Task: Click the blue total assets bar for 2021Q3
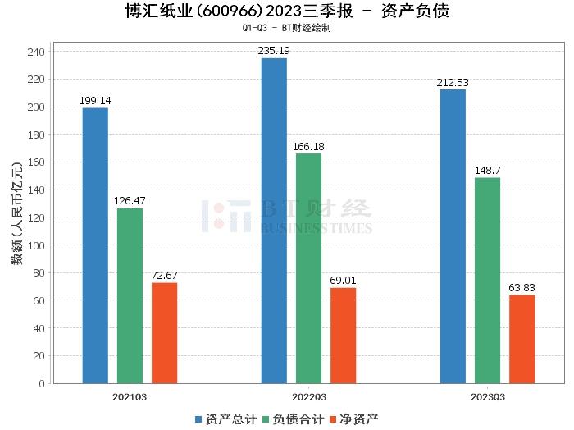tap(95, 245)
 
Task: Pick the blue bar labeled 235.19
tap(274, 221)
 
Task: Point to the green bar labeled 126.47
tap(130, 295)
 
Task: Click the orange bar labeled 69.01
tap(343, 336)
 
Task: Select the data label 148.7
tap(487, 171)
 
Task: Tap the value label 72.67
tap(164, 276)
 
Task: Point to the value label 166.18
tap(308, 147)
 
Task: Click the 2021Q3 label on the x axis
tap(130, 396)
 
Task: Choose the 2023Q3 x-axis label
tap(487, 396)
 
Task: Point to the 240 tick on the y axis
tap(38, 52)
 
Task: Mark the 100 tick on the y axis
tap(38, 245)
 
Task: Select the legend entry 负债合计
tap(292, 419)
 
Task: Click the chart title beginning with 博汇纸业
tap(286, 11)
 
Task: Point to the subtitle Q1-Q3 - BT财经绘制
tap(286, 28)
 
